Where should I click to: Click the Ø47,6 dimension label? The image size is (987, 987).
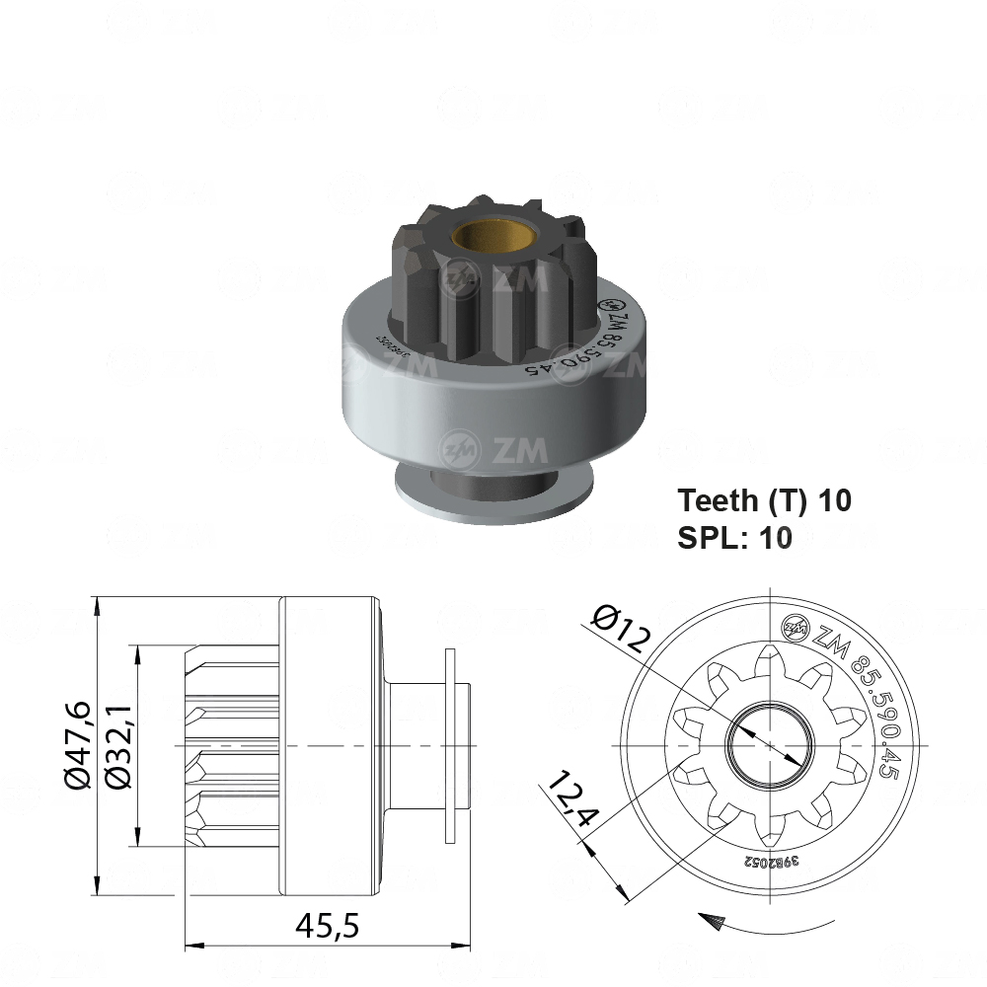click(79, 745)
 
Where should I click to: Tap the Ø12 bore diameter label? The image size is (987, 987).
click(622, 629)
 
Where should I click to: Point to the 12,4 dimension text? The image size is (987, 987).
click(572, 800)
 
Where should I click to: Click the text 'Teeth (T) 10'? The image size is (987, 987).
click(764, 500)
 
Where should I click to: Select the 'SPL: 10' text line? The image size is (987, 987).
click(734, 538)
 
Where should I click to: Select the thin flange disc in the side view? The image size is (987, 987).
click(451, 744)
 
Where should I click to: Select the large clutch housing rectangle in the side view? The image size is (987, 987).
click(328, 744)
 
